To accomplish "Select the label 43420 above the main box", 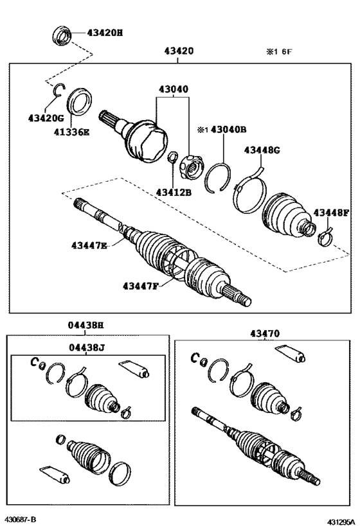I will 179,51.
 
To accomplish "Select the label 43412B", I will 174,191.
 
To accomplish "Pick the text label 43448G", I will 262,150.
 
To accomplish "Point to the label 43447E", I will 89,245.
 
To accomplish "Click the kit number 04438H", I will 85,326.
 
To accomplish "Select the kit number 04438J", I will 85,347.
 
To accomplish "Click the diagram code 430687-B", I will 21,518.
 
